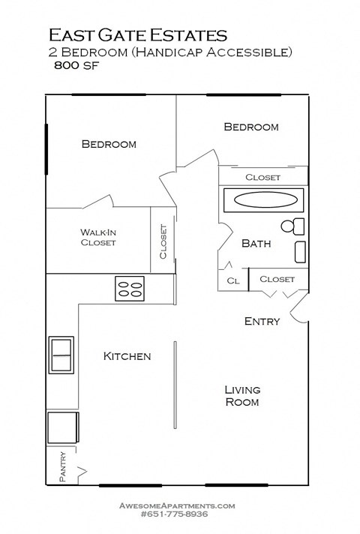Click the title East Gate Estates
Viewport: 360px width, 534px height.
pyautogui.click(x=138, y=34)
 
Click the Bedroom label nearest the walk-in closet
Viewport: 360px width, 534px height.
pyautogui.click(x=109, y=144)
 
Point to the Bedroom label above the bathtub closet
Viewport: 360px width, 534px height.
pyautogui.click(x=251, y=127)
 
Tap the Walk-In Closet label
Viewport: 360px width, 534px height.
pyautogui.click(x=98, y=237)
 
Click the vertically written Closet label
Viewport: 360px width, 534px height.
pyautogui.click(x=163, y=242)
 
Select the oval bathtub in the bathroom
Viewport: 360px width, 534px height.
pyautogui.click(x=262, y=201)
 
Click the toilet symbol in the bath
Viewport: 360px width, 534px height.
pyautogui.click(x=292, y=226)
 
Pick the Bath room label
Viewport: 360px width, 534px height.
pyautogui.click(x=256, y=243)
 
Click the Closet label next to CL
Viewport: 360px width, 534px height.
pyautogui.click(x=277, y=279)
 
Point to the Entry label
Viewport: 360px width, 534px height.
pyautogui.click(x=262, y=321)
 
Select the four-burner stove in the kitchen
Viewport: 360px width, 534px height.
pyautogui.click(x=130, y=289)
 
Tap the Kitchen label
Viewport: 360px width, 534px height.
pyautogui.click(x=127, y=356)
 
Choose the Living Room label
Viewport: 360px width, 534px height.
pyautogui.click(x=242, y=395)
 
